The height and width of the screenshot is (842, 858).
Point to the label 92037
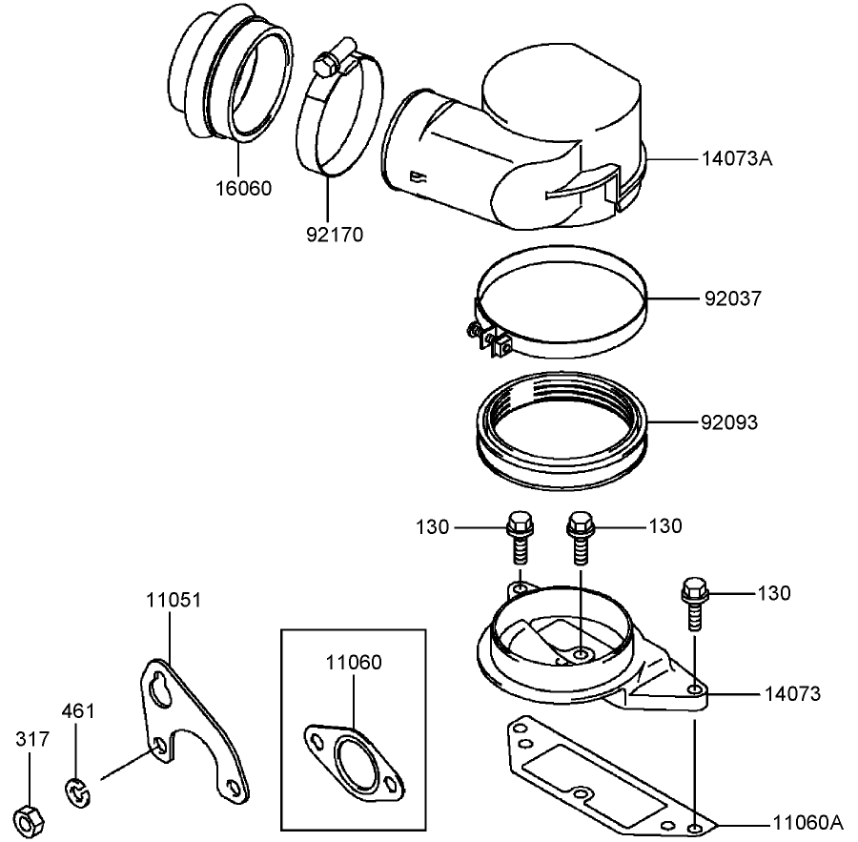click(733, 298)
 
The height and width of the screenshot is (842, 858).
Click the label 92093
click(731, 421)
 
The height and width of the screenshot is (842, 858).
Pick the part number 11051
click(174, 601)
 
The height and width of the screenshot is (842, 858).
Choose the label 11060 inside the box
click(353, 662)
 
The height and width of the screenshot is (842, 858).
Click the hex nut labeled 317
click(28, 817)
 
